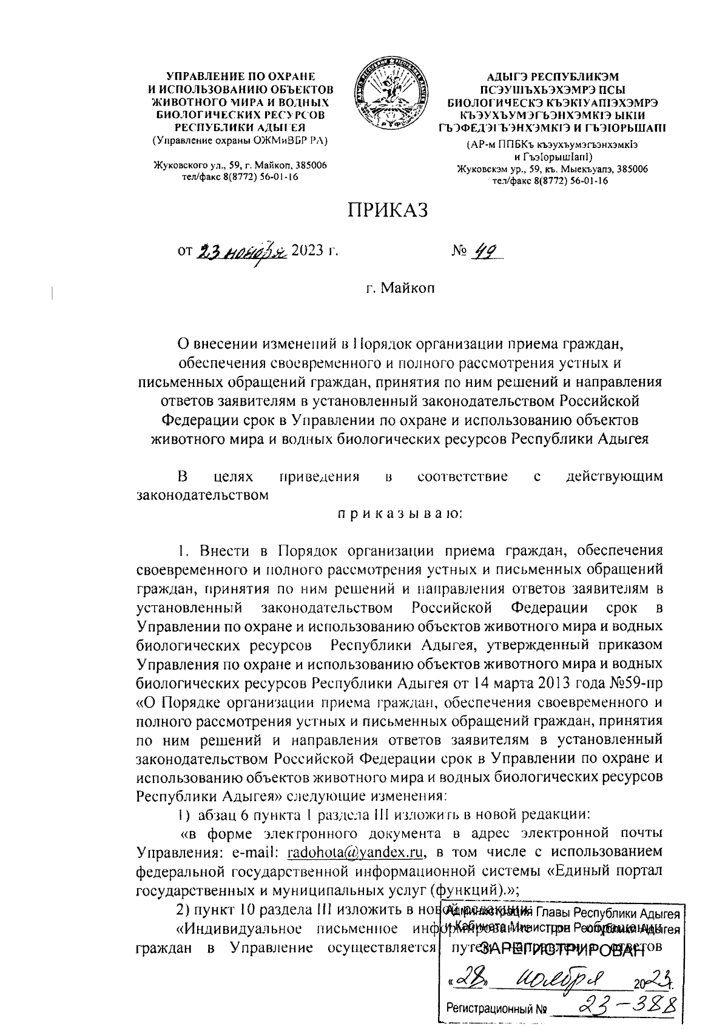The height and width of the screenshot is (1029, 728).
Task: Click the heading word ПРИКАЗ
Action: click(388, 210)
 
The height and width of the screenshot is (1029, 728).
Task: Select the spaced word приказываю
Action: click(400, 514)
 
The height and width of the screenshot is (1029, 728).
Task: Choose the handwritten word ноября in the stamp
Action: click(570, 978)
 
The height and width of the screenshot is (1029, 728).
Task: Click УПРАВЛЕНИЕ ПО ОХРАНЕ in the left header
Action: click(240, 77)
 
